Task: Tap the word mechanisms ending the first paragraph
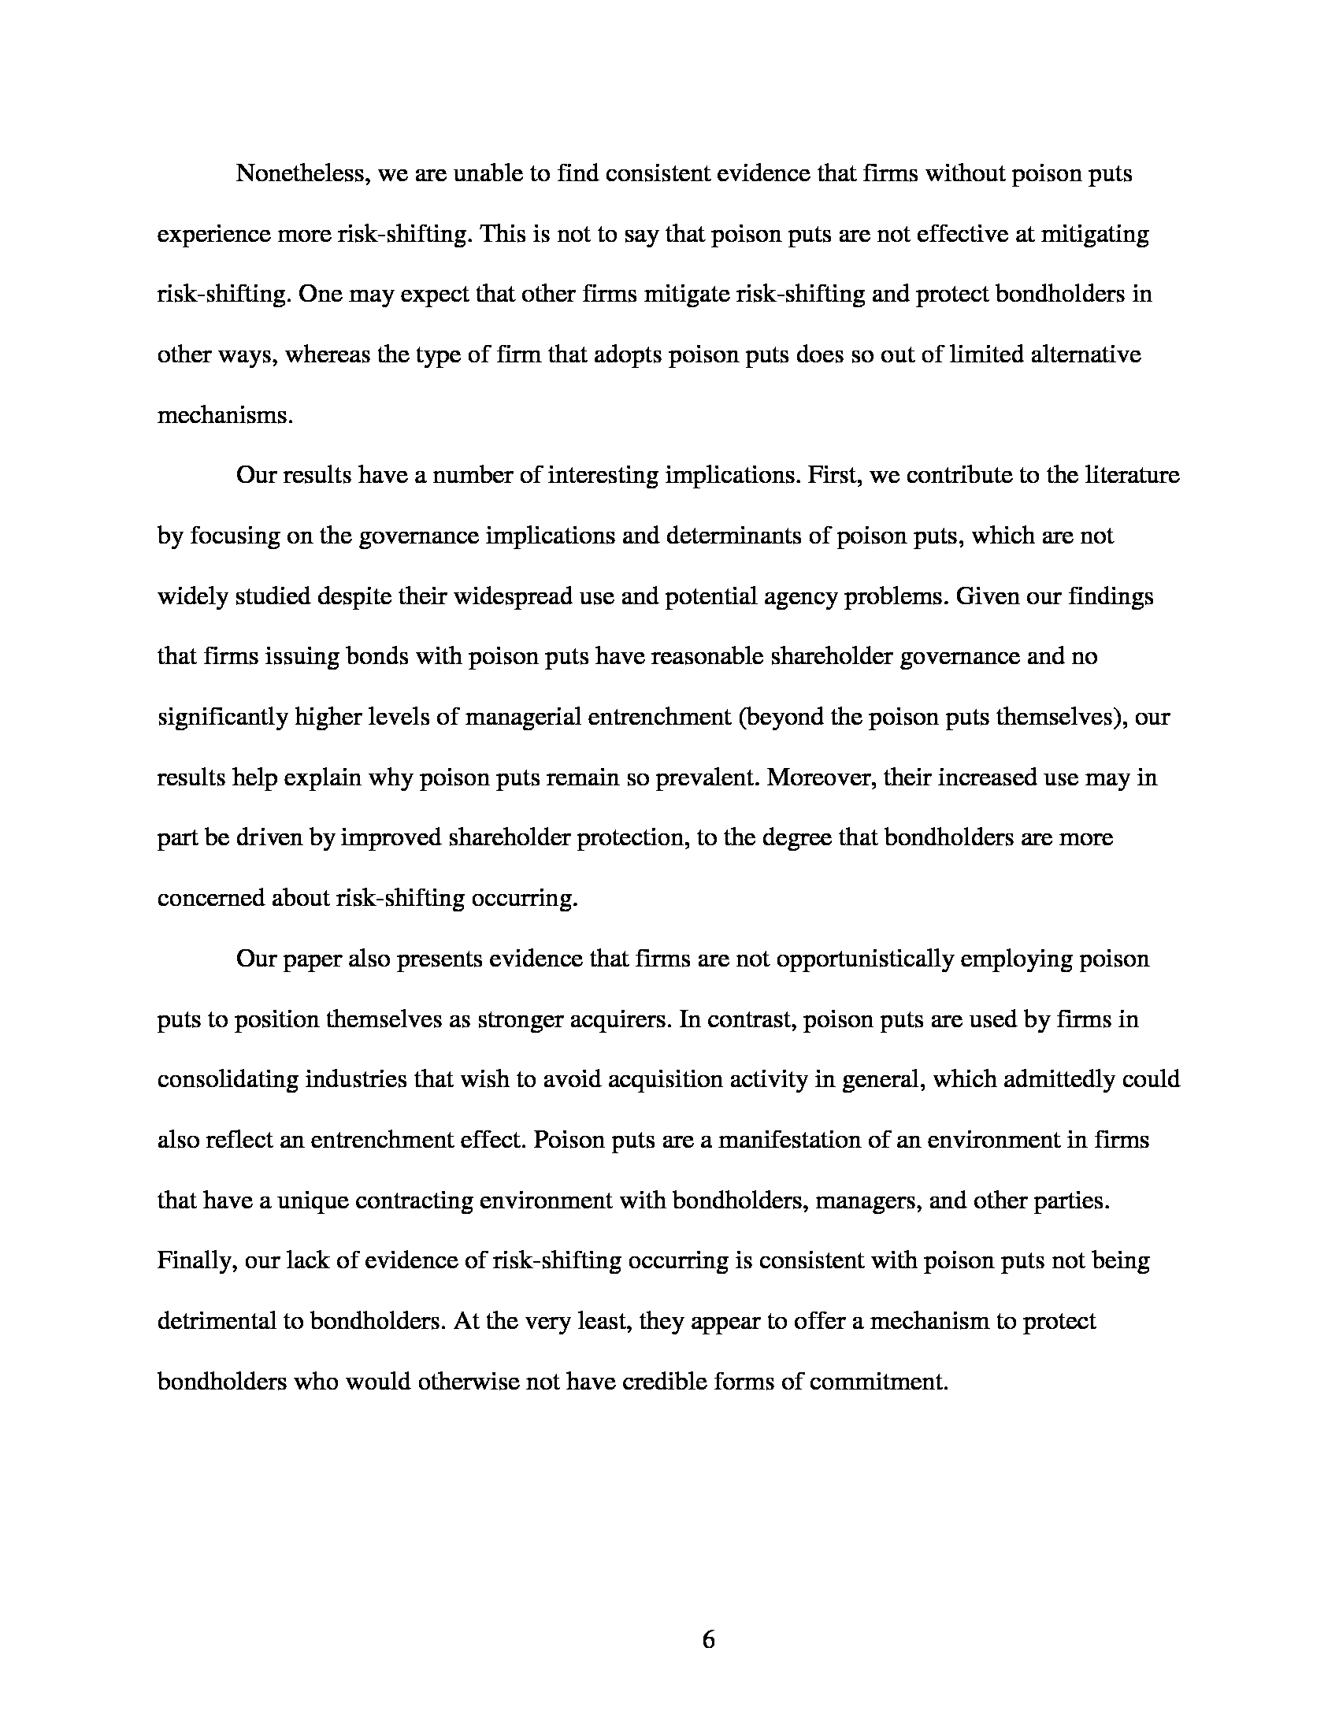click(x=224, y=415)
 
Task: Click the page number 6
click(x=708, y=1639)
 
